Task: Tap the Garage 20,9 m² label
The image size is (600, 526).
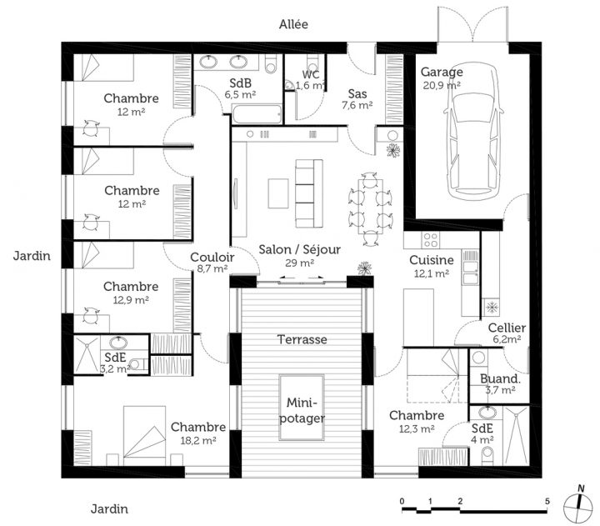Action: [442, 78]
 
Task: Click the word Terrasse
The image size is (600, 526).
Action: [301, 339]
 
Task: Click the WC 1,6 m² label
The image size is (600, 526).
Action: [311, 79]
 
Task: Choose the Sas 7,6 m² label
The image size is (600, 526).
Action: [357, 99]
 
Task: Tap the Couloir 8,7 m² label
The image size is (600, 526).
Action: [212, 263]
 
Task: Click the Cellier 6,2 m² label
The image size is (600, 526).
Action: [507, 333]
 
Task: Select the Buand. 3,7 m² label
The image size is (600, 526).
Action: [502, 383]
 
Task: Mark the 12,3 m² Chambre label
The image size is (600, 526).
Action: [415, 422]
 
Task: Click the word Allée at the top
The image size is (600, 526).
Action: [293, 24]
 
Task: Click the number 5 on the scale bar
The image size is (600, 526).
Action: [547, 501]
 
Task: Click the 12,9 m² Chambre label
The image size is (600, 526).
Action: [131, 293]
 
